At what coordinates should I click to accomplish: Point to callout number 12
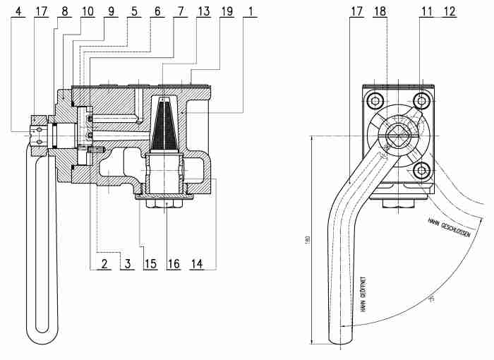click(449, 12)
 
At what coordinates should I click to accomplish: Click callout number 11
click(426, 12)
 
